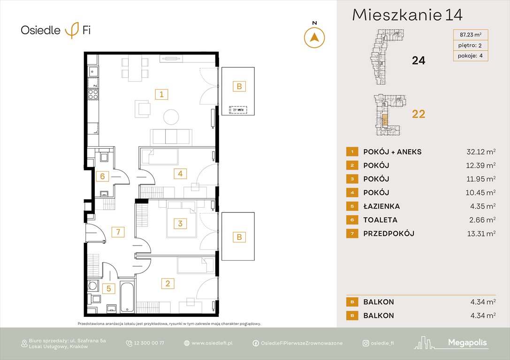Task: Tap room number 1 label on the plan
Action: (161, 94)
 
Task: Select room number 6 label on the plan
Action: (102, 176)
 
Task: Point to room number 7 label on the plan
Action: (119, 232)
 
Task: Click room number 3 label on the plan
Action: (180, 224)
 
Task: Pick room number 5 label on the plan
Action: (108, 288)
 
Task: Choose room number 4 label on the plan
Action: (180, 174)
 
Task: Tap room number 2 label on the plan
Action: (167, 283)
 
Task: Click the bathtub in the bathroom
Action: (127, 297)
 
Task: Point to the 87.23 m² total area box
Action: (471, 34)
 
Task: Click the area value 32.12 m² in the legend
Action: (478, 152)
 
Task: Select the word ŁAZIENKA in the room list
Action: (381, 206)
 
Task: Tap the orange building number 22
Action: (418, 114)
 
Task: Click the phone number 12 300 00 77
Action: (149, 343)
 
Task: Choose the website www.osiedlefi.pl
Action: (212, 343)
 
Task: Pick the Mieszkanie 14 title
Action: (407, 15)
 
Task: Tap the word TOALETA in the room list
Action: (380, 220)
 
